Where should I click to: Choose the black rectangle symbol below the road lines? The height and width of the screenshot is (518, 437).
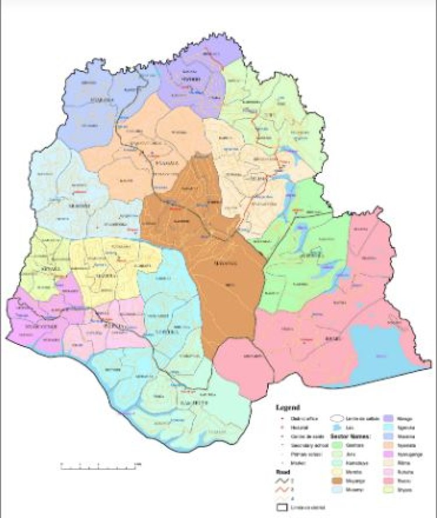(x=283, y=509)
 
